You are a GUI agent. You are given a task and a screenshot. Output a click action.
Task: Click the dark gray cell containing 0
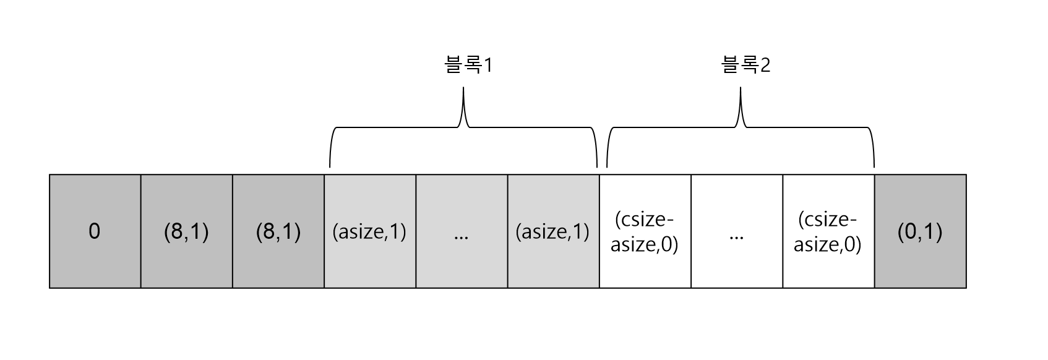95,231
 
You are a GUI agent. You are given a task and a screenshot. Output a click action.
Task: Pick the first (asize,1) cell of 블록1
369,231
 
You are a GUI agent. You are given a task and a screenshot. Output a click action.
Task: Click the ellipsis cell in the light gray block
461,231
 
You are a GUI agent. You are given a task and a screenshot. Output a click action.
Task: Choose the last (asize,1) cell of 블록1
552,231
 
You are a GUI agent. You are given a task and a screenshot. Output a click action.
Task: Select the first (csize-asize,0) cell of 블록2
645,231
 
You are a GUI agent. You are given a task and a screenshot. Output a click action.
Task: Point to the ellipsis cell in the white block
736,231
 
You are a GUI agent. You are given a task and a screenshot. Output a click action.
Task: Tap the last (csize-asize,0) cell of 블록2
828,231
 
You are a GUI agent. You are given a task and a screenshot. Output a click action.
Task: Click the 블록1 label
468,65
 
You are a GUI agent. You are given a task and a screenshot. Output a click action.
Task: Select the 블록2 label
745,65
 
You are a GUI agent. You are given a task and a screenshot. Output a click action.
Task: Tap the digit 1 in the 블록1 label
487,66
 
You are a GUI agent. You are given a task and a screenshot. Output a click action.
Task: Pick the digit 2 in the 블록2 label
765,66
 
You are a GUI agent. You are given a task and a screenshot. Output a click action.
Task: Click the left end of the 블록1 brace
330,166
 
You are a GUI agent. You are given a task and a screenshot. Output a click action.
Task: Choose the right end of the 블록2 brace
874,166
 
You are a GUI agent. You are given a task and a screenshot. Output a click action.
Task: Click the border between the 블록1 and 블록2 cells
599,231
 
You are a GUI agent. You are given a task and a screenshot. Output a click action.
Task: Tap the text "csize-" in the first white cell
645,220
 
